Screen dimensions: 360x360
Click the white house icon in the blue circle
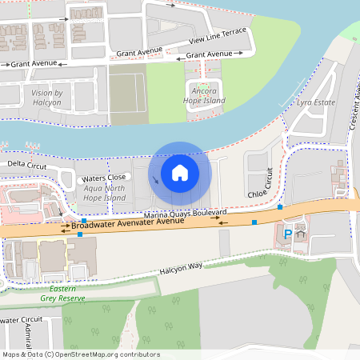[180, 173]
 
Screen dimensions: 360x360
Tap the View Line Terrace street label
[218, 35]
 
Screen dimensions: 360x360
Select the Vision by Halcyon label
[53, 98]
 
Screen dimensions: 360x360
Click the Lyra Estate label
[314, 103]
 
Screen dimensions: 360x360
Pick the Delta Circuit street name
[27, 164]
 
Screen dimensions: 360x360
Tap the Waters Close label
[104, 177]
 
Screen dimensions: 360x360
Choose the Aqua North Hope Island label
[105, 192]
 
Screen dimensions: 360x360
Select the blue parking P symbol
[288, 234]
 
